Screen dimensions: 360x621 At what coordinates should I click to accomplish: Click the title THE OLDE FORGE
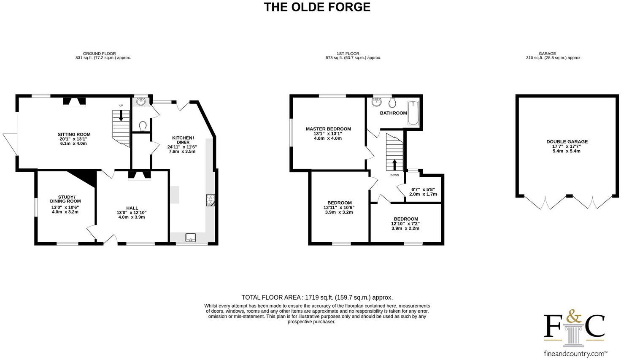pos(317,7)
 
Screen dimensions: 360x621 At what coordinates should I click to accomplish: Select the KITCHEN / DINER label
pos(183,140)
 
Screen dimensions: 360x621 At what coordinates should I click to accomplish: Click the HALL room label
pos(132,208)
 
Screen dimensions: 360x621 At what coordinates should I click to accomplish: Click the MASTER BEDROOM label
pos(328,129)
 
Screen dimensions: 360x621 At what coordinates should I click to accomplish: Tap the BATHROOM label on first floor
pos(393,113)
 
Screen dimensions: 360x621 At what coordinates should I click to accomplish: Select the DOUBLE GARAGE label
pos(567,142)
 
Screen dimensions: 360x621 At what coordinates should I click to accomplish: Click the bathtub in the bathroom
pos(412,113)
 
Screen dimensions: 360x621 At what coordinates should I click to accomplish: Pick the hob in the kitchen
pos(210,200)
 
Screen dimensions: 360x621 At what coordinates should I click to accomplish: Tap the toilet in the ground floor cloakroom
pos(143,125)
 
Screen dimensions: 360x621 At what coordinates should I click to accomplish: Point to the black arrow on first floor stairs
pos(394,164)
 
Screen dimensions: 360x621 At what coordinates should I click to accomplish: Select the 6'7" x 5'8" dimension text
pos(423,189)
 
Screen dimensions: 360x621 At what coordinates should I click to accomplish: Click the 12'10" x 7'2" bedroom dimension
pos(405,224)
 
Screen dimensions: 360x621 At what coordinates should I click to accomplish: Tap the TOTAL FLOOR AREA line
pos(317,298)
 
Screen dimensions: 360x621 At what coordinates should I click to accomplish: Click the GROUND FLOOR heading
pos(99,54)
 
